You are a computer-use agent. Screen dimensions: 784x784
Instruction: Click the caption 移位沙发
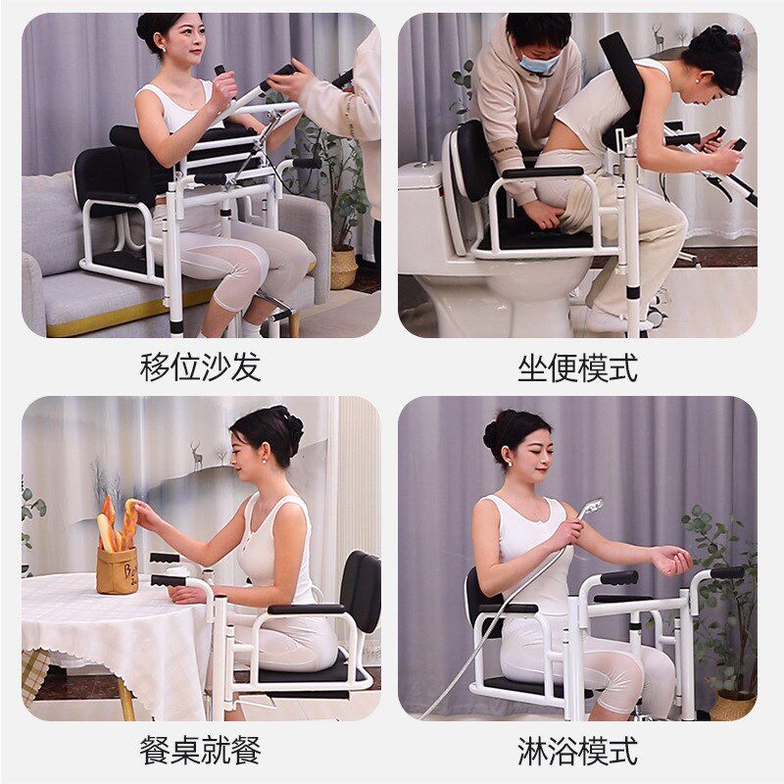pos(201,367)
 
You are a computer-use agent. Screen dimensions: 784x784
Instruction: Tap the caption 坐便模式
pos(577,367)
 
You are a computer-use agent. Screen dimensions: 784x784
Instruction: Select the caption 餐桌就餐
pos(201,750)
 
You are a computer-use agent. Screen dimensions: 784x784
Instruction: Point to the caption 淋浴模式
pos(577,750)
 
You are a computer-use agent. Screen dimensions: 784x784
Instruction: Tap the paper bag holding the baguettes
pos(117,570)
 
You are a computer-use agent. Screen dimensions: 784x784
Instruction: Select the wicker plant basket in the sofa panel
pos(343,269)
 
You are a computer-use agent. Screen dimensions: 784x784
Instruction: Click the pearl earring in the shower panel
pos(511,464)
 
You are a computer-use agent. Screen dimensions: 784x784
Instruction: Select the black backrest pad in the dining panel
pos(360,592)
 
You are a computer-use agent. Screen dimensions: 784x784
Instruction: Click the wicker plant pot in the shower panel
pos(733,706)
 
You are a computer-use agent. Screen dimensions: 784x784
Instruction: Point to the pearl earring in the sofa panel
pos(164,50)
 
